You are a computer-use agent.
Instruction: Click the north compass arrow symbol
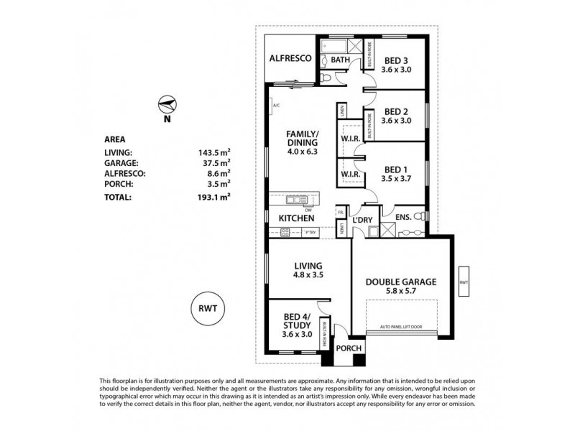coord(166,105)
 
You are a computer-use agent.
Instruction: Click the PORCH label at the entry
coord(349,349)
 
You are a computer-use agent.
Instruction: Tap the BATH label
coord(340,60)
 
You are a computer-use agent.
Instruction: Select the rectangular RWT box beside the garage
coord(463,283)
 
